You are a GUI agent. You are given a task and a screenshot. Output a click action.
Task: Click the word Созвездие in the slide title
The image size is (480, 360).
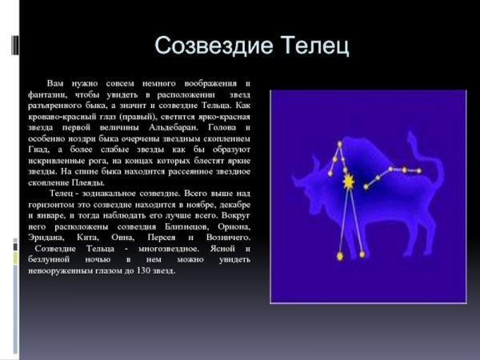click(207, 46)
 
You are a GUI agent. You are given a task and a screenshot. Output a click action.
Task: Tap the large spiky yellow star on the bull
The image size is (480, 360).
click(348, 183)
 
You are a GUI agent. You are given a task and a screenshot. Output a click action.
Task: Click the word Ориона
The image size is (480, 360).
click(234, 226)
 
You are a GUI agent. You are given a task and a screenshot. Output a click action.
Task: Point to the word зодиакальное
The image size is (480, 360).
click(118, 194)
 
